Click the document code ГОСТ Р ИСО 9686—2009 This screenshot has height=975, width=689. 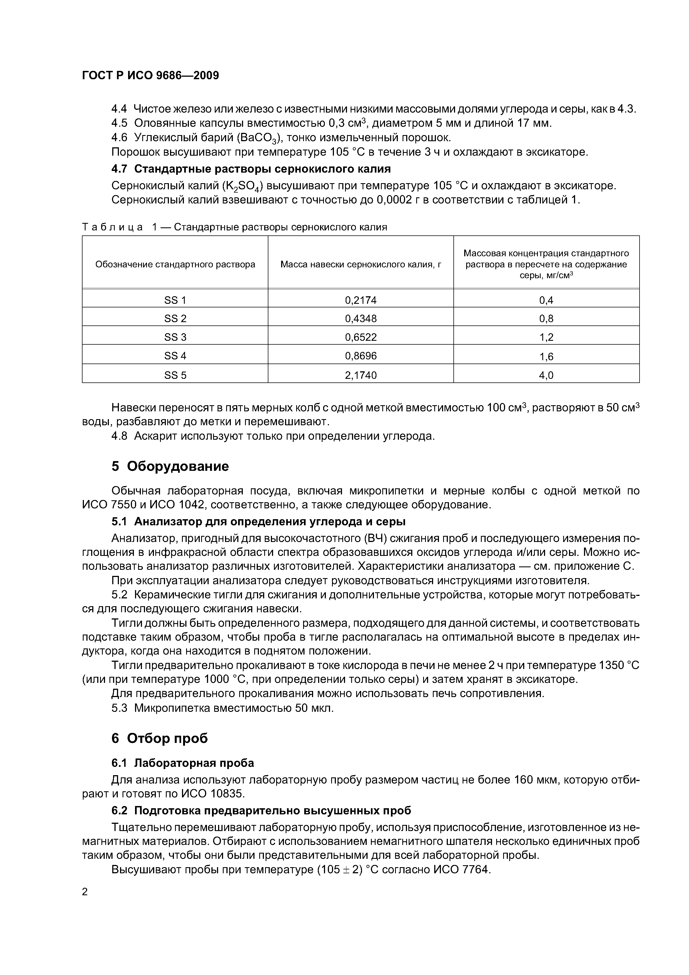point(150,76)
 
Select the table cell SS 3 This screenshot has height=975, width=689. point(175,337)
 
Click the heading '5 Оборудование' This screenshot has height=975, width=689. point(170,466)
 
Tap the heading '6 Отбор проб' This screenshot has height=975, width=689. point(160,738)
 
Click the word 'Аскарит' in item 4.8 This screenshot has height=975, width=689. point(155,436)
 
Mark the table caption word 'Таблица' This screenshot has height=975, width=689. point(113,227)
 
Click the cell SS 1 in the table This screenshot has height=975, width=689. point(175,300)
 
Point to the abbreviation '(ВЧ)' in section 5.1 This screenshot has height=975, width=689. point(375,538)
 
